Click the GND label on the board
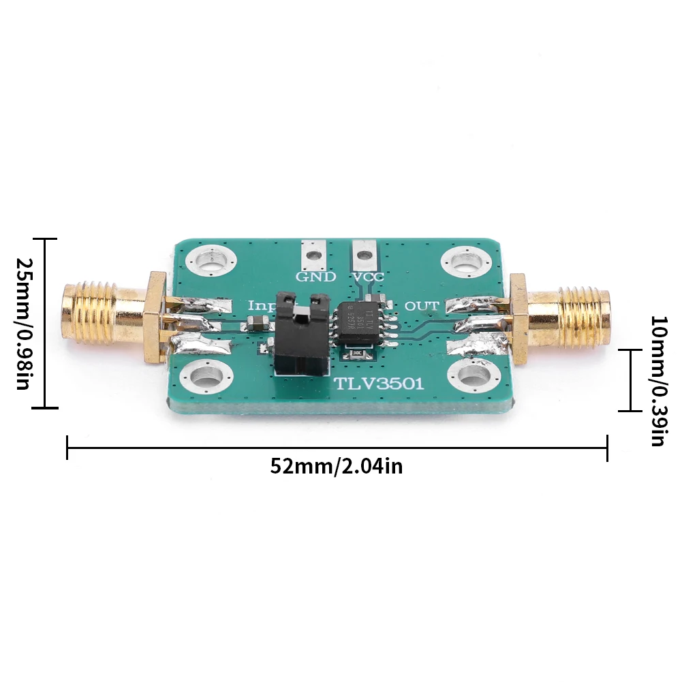(315, 277)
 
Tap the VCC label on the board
(368, 277)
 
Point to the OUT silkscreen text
(422, 306)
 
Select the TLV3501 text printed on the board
(379, 384)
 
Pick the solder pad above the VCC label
(364, 255)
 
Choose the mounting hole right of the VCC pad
(466, 261)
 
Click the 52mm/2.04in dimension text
(337, 467)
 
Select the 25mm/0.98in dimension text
(24, 323)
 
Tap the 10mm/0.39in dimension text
(657, 381)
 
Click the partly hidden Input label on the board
(261, 305)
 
